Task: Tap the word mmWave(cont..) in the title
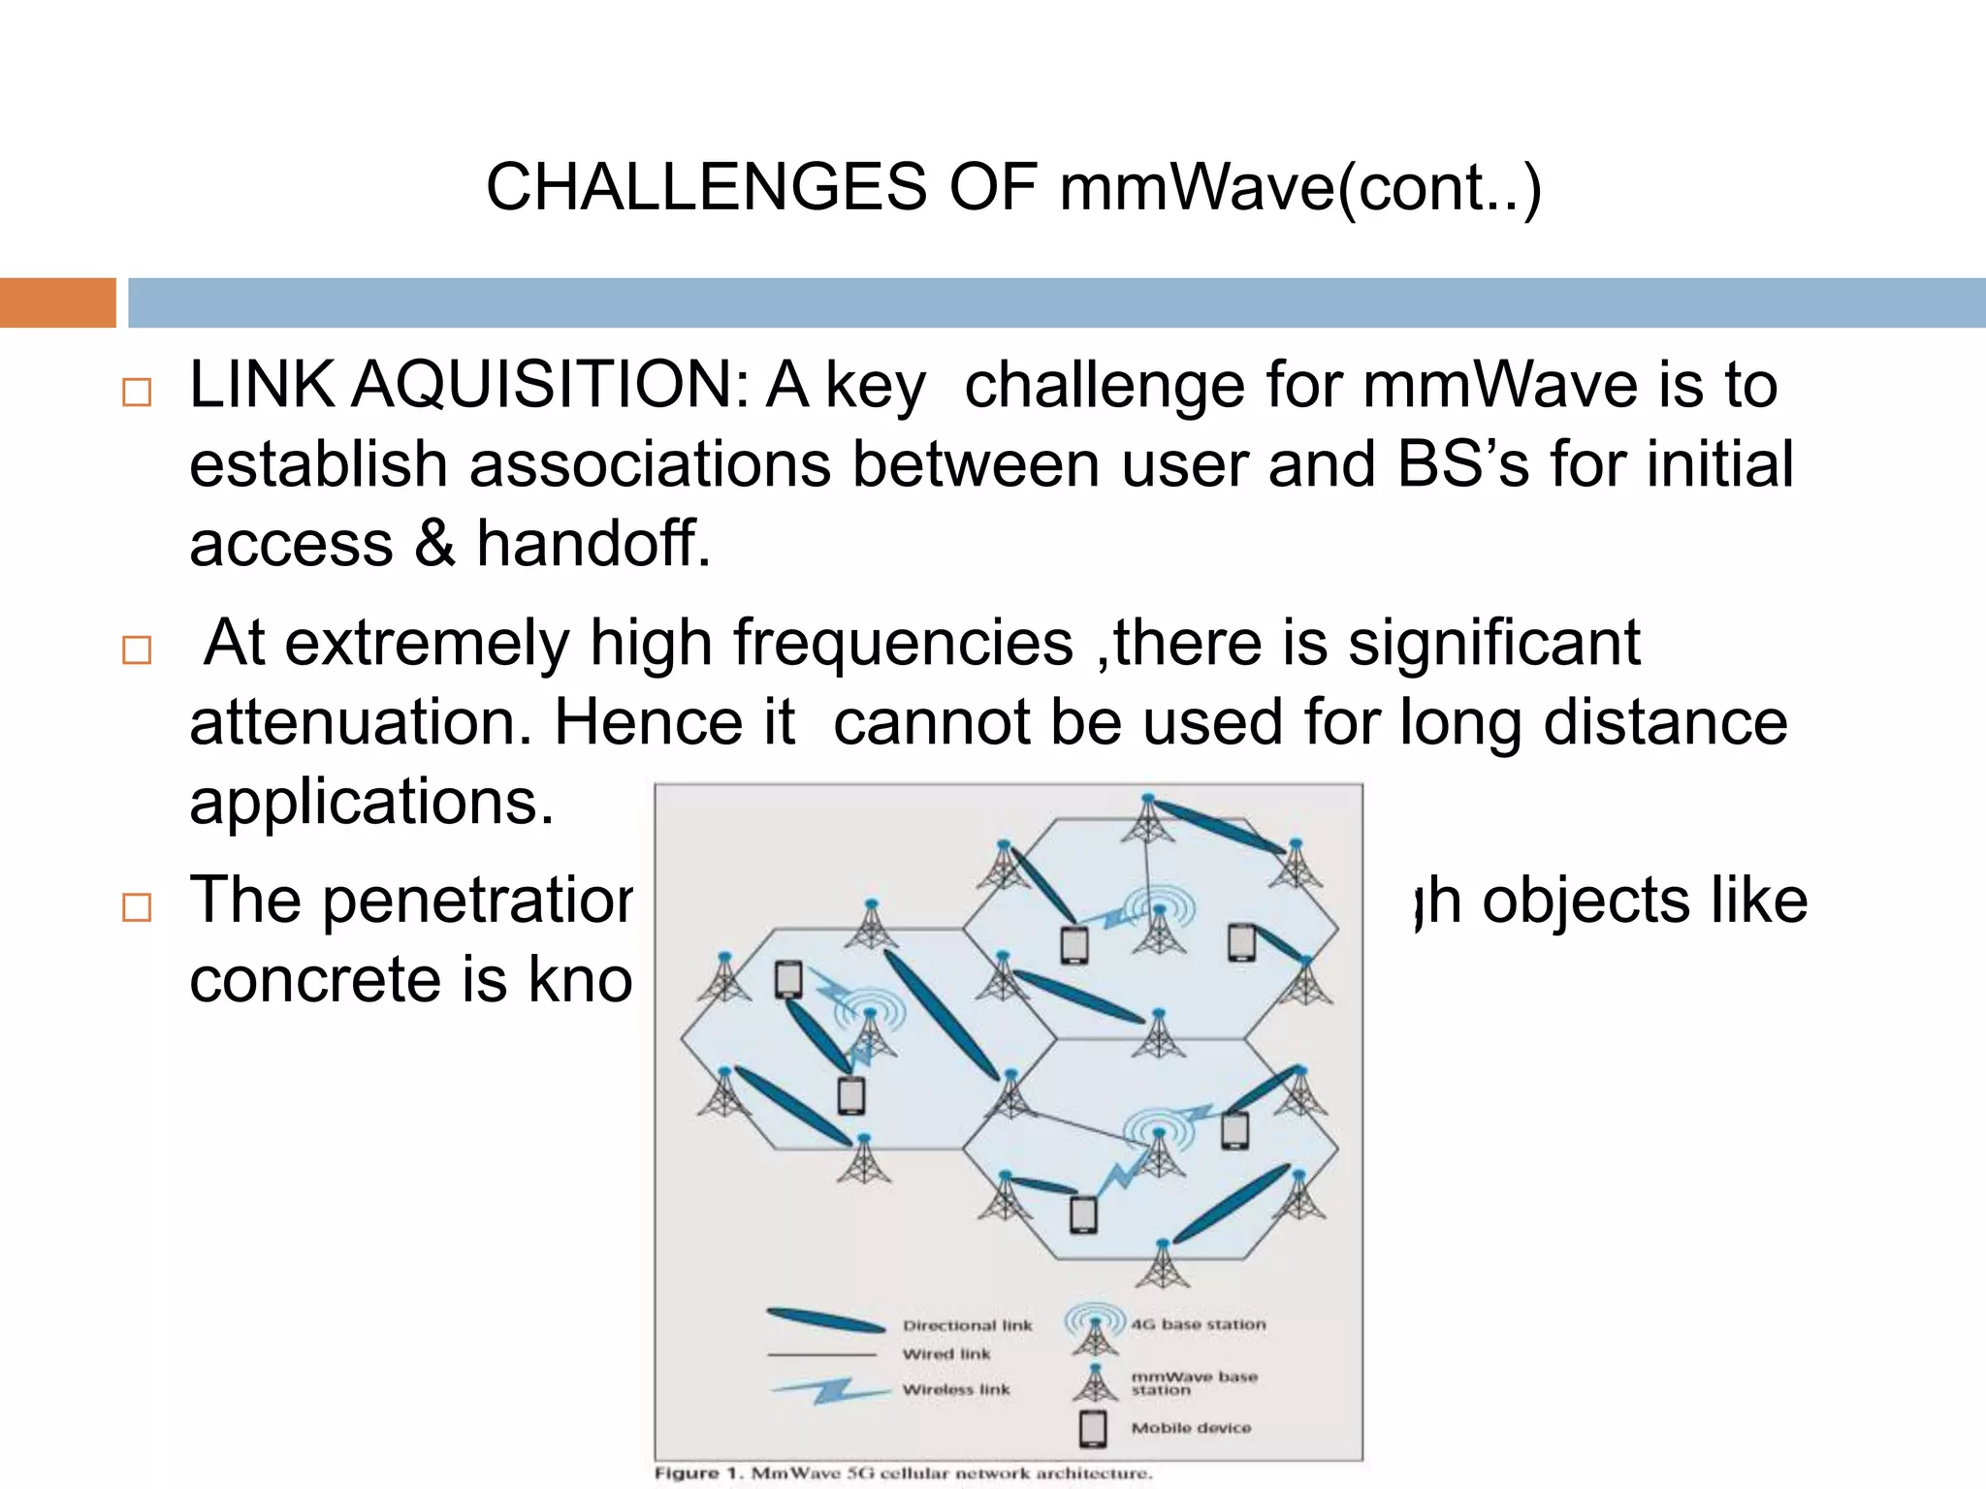tap(1299, 188)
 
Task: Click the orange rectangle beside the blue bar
tap(57, 302)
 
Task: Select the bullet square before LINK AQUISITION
tap(137, 393)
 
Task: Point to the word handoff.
tap(593, 543)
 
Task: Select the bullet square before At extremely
tap(137, 649)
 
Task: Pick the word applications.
tap(371, 802)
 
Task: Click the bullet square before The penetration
tap(137, 907)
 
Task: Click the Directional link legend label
tap(967, 1325)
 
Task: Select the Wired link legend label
tap(946, 1354)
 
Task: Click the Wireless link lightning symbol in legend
tap(829, 1390)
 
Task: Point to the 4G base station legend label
tap(1198, 1324)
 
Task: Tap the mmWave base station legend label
tap(1193, 1382)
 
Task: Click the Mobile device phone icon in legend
tap(1093, 1428)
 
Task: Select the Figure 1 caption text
tap(903, 1473)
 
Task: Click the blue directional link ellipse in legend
tap(825, 1319)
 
